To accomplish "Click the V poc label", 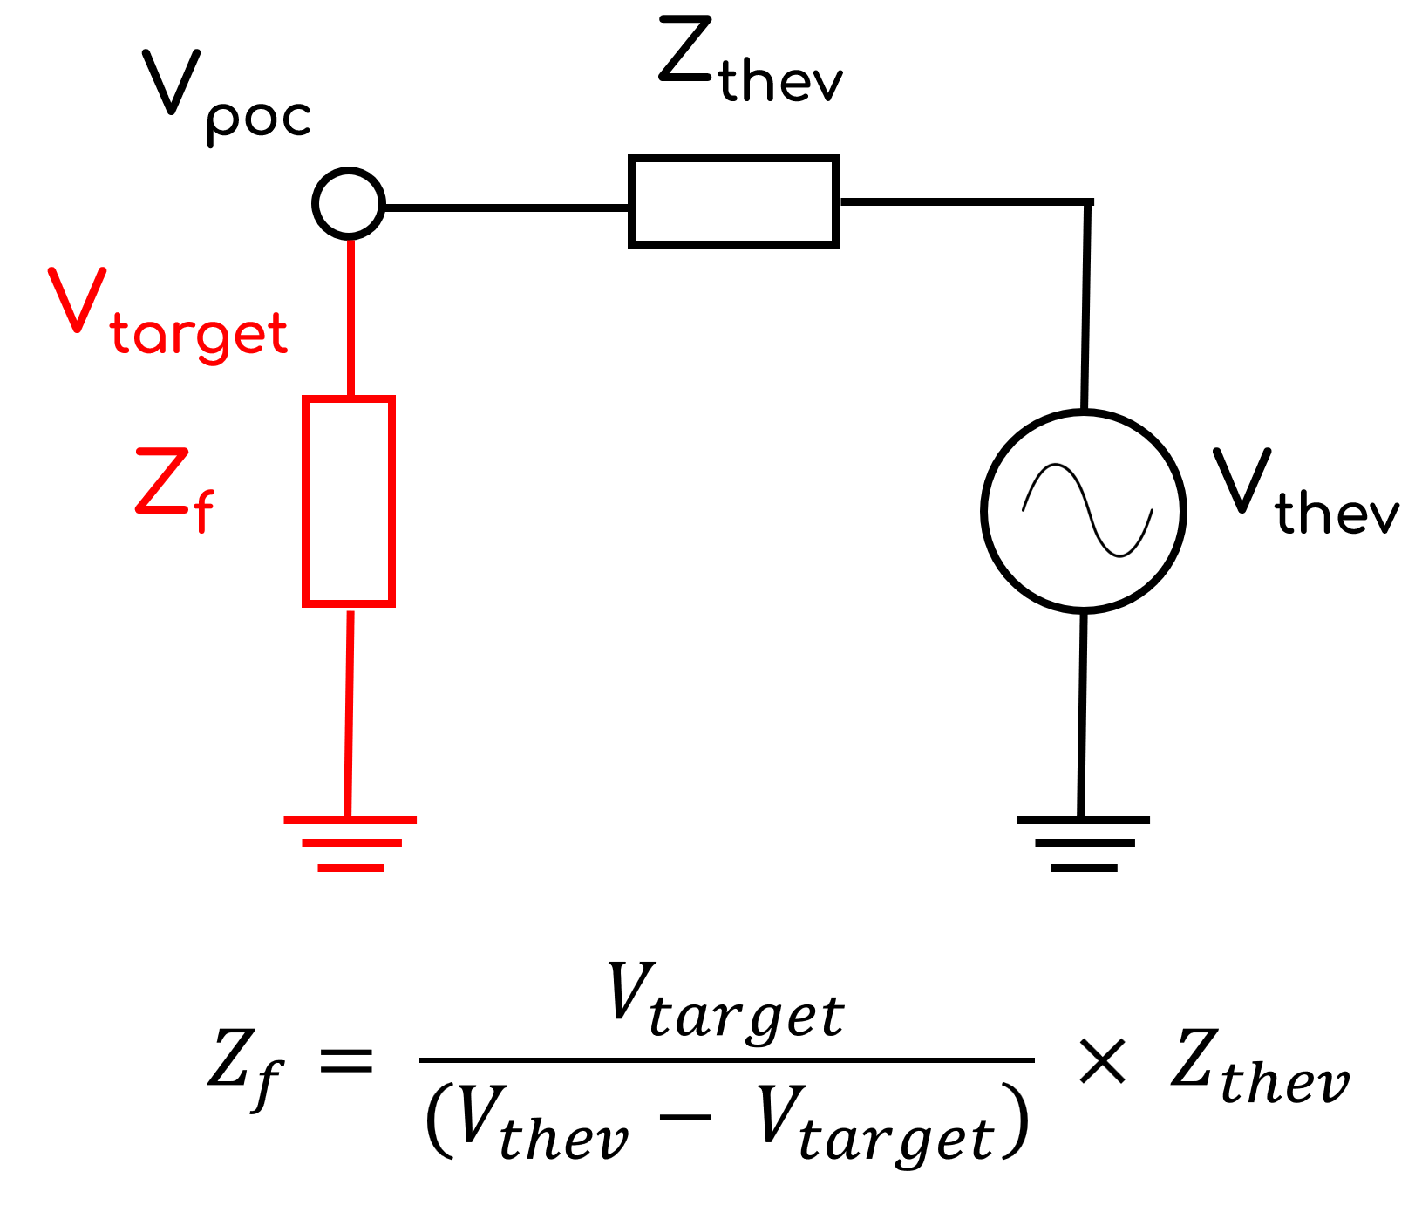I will (225, 96).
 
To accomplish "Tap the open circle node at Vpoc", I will (349, 203).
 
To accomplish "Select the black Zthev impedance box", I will (733, 201).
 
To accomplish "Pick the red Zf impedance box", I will (349, 501).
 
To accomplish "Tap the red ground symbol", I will (350, 842).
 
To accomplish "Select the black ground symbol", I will (1083, 842).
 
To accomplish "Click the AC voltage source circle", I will (1084, 510).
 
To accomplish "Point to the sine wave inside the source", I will (1087, 510).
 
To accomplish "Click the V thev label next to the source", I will (1304, 493).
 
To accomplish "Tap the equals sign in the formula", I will (346, 1061).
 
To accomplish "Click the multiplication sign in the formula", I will (1102, 1061).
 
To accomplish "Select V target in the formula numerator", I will (725, 1003).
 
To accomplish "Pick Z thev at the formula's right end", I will (1259, 1068).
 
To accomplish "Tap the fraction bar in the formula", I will (726, 1060).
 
